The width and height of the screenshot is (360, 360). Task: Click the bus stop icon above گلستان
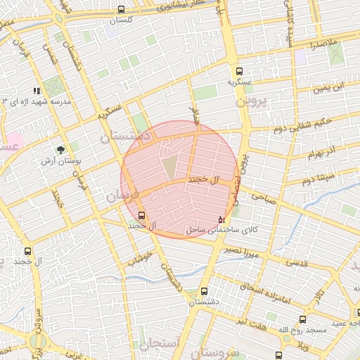pos(122,10)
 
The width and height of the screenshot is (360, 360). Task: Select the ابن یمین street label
pos(329,89)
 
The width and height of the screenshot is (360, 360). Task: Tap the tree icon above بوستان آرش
pos(61,149)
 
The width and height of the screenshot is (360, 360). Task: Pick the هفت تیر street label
pos(251,321)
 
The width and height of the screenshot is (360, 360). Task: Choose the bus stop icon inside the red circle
pos(142,214)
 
